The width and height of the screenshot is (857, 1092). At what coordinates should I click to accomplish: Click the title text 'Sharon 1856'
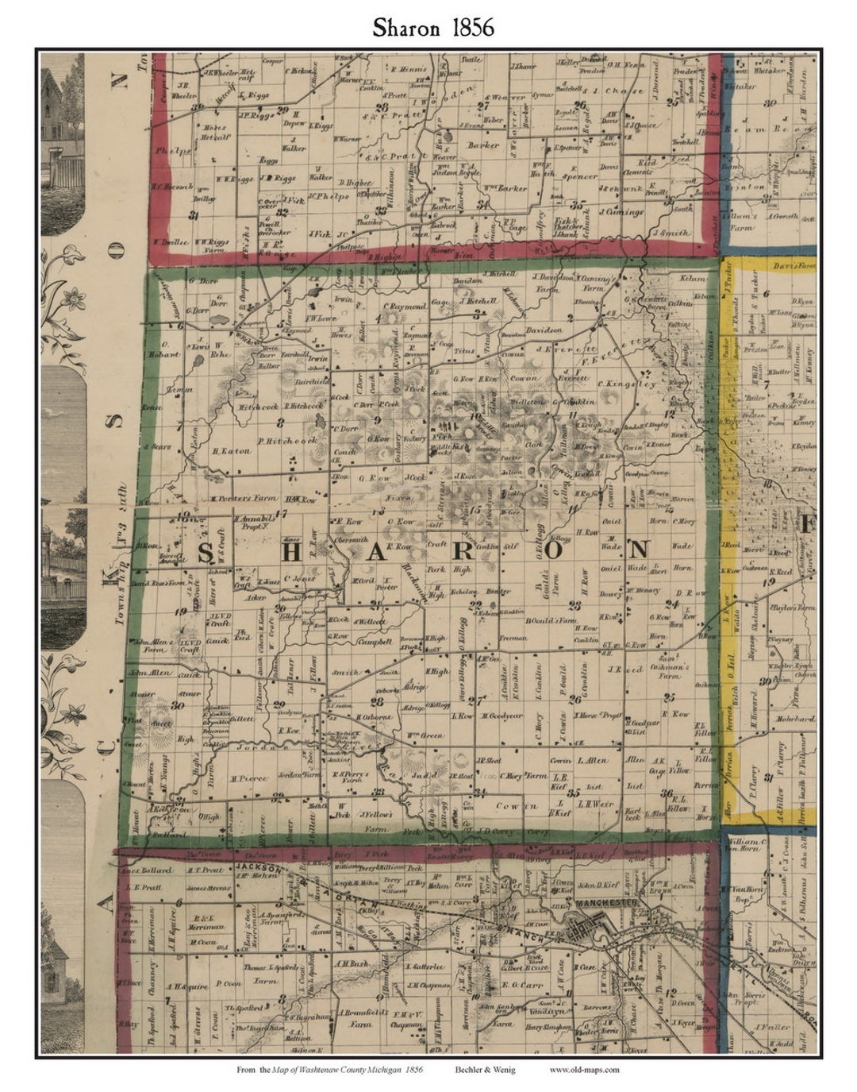(x=433, y=27)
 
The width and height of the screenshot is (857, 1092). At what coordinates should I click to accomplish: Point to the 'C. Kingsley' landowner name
(x=632, y=384)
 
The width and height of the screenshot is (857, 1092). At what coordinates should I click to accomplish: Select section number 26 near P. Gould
(x=575, y=699)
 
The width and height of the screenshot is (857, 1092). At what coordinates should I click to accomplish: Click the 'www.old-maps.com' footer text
(x=584, y=1070)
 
